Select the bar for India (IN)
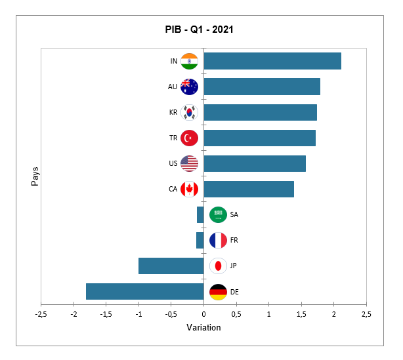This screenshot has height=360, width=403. point(272,61)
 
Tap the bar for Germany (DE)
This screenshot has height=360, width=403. point(145,291)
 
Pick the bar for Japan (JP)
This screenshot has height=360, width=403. point(171,266)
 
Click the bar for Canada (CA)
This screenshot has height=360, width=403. point(249,189)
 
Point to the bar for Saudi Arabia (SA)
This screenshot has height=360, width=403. point(200,214)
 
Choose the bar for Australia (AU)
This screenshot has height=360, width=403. point(262,87)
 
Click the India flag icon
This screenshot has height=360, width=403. point(189,61)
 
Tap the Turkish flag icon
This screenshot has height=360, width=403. point(189,138)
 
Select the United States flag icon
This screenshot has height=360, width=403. point(189,163)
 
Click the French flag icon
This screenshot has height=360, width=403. point(218,240)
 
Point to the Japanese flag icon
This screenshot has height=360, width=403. point(218,266)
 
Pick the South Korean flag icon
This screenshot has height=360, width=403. point(189,112)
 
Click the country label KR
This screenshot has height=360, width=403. point(173,112)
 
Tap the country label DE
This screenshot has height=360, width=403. point(234,291)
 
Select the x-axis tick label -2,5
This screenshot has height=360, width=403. point(41,314)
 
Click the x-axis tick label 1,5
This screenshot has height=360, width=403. point(301,314)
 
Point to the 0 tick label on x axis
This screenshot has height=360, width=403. point(203,314)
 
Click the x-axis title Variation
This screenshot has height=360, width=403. point(203,327)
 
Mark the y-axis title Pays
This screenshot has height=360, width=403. point(35,176)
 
